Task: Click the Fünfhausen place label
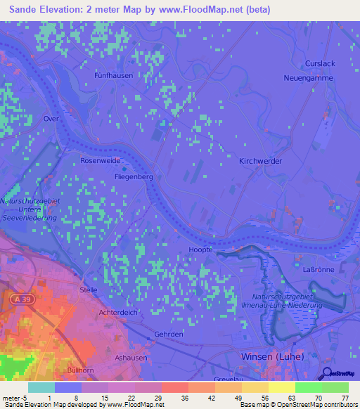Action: coord(113,74)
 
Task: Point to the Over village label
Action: coord(51,119)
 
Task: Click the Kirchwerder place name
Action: coord(261,161)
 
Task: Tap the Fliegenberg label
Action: coord(134,177)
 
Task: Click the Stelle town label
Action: coord(89,289)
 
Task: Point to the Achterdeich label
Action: coord(118,311)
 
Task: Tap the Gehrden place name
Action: coord(169,334)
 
